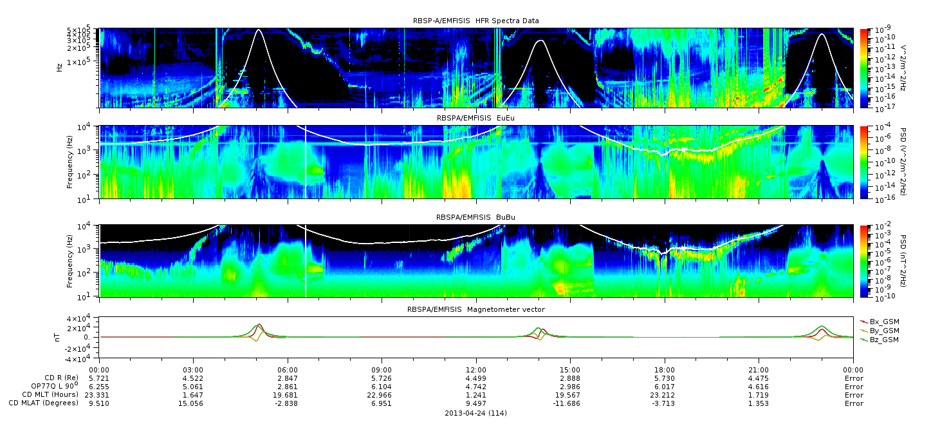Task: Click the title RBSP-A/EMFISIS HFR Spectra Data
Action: pos(476,21)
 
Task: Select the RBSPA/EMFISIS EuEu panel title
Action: pos(475,118)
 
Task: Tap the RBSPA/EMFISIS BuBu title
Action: pos(475,217)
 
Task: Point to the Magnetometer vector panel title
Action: pos(476,309)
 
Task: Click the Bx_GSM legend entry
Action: pos(880,322)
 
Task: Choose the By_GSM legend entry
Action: pos(880,331)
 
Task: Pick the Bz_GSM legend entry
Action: pos(880,340)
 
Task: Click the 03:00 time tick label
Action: pos(193,370)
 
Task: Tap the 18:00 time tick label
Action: pos(665,370)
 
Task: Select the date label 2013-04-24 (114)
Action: pos(476,413)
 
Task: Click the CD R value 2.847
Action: pos(288,378)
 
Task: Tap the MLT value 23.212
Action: pos(665,395)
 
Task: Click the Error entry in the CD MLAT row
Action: pos(854,403)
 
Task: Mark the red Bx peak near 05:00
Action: pos(259,324)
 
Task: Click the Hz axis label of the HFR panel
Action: pos(59,68)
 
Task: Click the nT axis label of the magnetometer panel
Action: pos(57,338)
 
